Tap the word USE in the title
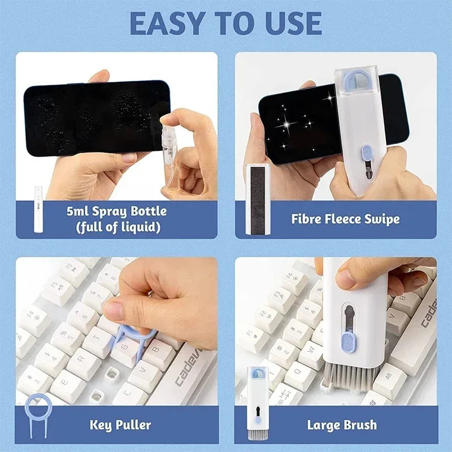(290, 23)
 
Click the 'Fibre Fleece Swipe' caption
(345, 219)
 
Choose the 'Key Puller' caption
(120, 424)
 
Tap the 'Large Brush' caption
(342, 424)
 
